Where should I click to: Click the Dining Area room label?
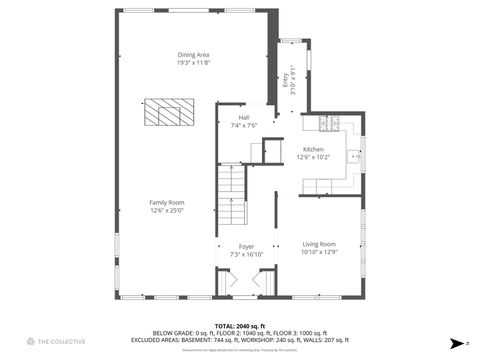coord(193,55)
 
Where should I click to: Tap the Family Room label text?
coord(167,202)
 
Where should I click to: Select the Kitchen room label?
coord(313,149)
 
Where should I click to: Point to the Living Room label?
coord(319,244)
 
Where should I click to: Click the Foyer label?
coord(246,246)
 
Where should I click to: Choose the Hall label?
coord(244,118)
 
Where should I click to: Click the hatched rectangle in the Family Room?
coord(165,112)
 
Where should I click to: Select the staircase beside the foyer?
coord(232,197)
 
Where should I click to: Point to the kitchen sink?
coord(355,156)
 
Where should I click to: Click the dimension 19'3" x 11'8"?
coord(193,63)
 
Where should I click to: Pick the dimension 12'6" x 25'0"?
coord(167,210)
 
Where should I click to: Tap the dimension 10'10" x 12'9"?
coord(319,252)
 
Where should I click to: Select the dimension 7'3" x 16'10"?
coord(246,254)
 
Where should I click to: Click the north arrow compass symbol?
coord(455,341)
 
